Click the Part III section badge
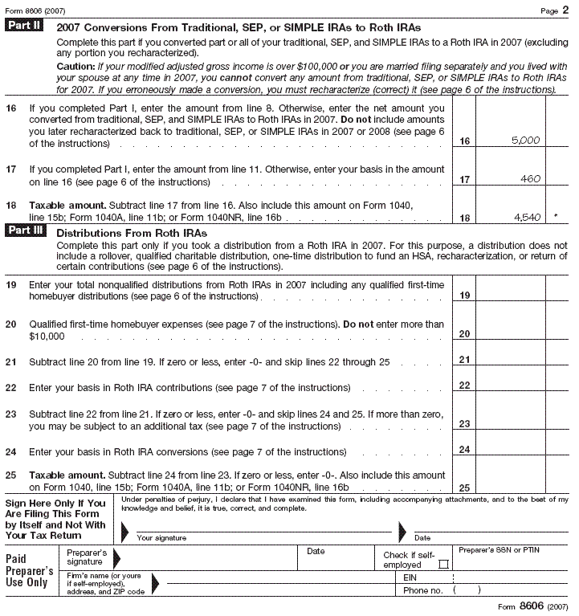pos(28,230)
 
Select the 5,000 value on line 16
pos(525,140)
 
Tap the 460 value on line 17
pos(530,178)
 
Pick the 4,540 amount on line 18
pos(526,217)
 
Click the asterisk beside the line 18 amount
pos(556,217)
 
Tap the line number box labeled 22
pos(464,386)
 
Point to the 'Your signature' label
pos(161,537)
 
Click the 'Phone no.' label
pos(422,590)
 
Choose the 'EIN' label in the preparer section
pos(410,577)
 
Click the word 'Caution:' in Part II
pos(75,67)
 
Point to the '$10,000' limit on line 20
pos(47,336)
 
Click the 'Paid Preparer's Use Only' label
pos(31,571)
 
